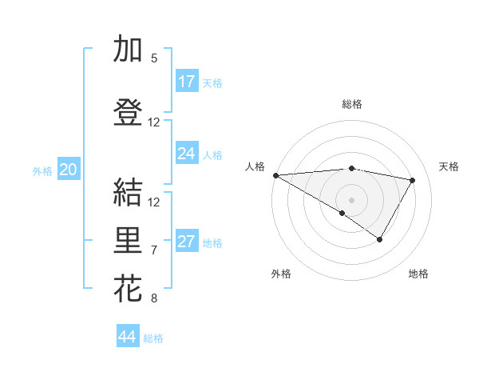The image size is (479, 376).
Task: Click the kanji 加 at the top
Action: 128,50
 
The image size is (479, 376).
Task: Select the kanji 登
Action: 128,112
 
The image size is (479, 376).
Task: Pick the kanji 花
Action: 128,289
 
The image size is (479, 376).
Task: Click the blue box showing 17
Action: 187,82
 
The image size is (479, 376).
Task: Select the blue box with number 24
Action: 187,154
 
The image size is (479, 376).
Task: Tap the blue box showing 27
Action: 187,242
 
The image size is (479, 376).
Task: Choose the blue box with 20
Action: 69,170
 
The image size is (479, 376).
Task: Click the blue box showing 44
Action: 128,337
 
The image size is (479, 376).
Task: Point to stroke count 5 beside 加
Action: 154,58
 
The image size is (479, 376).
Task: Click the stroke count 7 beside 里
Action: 154,250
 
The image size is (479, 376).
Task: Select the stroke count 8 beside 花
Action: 154,298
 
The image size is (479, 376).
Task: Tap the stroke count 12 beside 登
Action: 154,122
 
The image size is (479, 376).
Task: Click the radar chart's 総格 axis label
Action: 352,104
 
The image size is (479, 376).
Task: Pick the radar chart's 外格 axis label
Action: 281,274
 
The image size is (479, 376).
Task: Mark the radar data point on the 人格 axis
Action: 275,175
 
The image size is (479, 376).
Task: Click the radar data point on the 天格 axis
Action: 413,180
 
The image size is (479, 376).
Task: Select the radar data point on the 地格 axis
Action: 380,239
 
